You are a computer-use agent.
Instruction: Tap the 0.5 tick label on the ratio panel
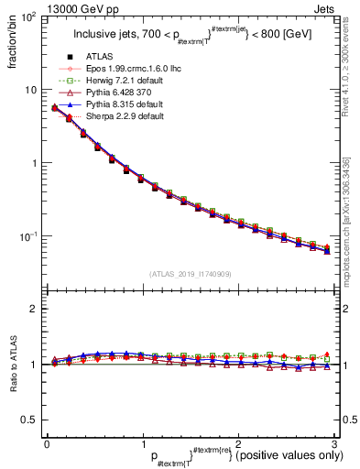pyautogui.click(x=29, y=420)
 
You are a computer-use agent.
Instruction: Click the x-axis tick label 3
pyautogui.click(x=335, y=443)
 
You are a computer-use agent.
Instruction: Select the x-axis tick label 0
pyautogui.click(x=46, y=443)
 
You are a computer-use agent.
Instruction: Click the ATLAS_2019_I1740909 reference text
pyautogui.click(x=191, y=274)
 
